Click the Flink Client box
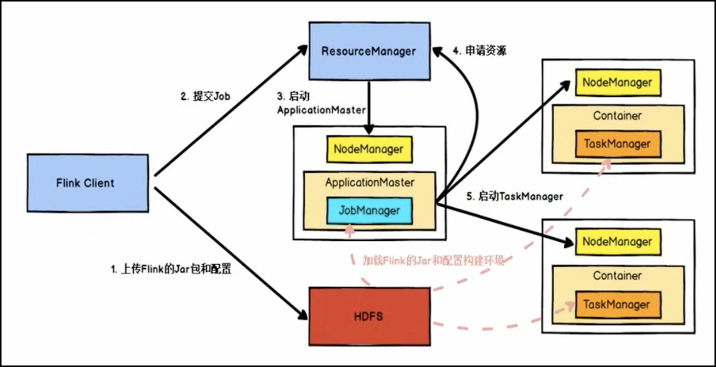click(88, 183)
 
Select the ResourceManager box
click(369, 51)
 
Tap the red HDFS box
click(369, 317)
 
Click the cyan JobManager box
click(369, 211)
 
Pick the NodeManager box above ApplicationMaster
click(369, 149)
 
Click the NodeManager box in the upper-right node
click(618, 82)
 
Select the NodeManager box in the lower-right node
click(618, 242)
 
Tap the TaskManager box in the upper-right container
click(618, 144)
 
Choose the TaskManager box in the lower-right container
click(618, 305)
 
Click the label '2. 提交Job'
click(205, 96)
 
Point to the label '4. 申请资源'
click(480, 50)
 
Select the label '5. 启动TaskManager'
click(514, 196)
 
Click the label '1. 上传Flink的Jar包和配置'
click(171, 269)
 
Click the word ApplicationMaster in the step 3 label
click(321, 110)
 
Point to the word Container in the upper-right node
click(617, 116)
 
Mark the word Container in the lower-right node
click(617, 276)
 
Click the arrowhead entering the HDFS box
click(304, 315)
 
